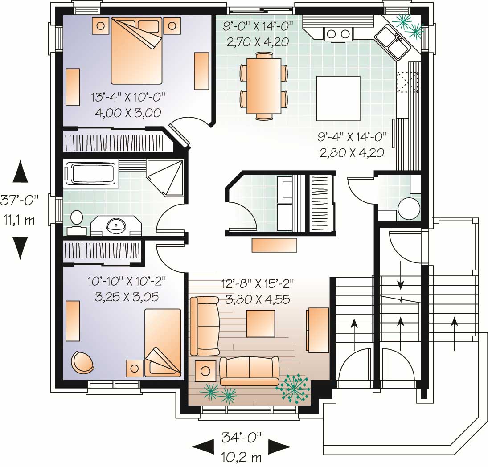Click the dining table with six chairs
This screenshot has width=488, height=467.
click(x=263, y=86)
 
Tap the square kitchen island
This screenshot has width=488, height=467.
click(x=338, y=98)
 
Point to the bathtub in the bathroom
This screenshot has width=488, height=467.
click(x=90, y=173)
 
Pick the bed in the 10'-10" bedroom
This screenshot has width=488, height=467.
click(x=163, y=342)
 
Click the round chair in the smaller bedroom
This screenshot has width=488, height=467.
click(x=83, y=362)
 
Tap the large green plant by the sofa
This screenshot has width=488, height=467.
click(x=293, y=388)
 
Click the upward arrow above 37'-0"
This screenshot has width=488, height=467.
click(x=20, y=171)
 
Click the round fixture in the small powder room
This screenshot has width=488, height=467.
click(x=409, y=209)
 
